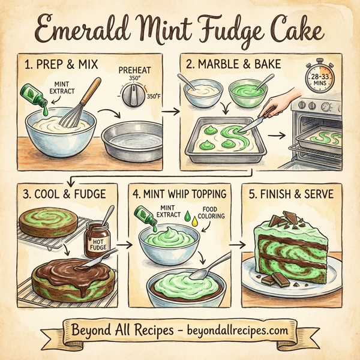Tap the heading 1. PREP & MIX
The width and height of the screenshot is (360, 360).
(x=59, y=64)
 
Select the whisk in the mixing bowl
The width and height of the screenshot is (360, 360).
(x=78, y=105)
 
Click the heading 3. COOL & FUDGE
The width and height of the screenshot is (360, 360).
(x=64, y=194)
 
